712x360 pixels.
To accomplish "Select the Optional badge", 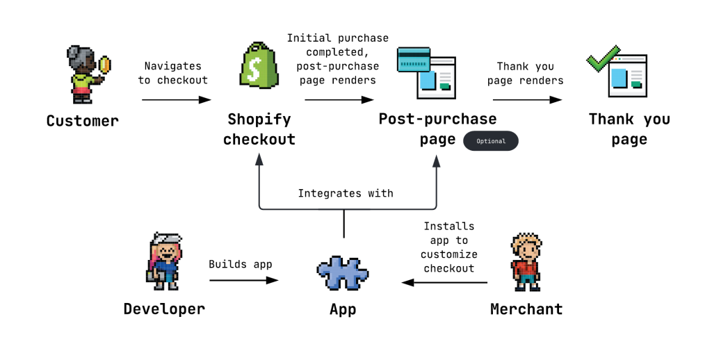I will click(490, 141).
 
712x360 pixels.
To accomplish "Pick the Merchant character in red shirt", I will click(526, 261).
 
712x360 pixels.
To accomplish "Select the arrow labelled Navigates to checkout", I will click(177, 100).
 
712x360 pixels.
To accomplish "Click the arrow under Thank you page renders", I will click(527, 100).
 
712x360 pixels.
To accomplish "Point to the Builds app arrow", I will click(244, 281).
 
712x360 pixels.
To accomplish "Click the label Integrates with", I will click(346, 193).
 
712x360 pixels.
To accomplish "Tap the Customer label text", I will click(83, 121).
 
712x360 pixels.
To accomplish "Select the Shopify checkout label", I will click(259, 129).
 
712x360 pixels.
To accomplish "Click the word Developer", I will click(164, 309).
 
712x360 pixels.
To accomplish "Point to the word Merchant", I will click(526, 309).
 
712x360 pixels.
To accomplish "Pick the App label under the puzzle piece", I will click(343, 309).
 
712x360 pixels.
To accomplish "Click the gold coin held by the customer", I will click(104, 65).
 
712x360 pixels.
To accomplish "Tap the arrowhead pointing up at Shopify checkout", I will click(259, 160).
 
